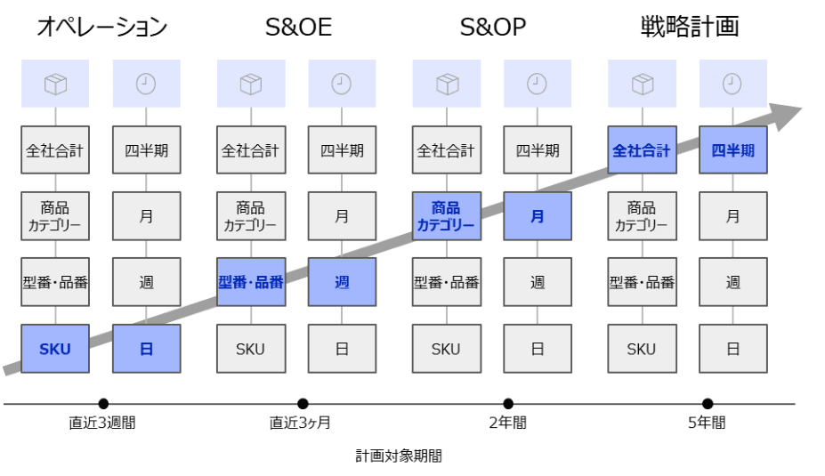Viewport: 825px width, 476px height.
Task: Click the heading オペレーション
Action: (x=101, y=27)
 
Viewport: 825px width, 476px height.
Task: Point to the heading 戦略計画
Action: (x=690, y=27)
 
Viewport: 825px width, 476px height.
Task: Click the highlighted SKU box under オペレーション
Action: (x=55, y=349)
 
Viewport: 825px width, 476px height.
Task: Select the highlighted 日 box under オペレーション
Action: (x=146, y=349)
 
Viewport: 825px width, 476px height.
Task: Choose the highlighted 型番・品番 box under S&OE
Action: (x=251, y=282)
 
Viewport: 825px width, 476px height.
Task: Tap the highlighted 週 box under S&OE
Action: (x=342, y=282)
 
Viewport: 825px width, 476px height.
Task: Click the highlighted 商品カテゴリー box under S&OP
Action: (x=446, y=216)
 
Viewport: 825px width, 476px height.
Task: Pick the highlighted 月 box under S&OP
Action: (x=537, y=216)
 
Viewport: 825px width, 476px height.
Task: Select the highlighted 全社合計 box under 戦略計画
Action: (x=641, y=150)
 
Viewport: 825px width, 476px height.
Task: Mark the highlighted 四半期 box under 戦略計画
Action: (x=732, y=150)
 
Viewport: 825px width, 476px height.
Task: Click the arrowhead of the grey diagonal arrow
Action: (x=787, y=112)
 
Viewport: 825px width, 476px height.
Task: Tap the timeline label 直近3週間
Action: (x=102, y=423)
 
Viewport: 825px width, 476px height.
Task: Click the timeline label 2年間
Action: (x=507, y=423)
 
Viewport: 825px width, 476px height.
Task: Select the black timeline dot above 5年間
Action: (x=708, y=404)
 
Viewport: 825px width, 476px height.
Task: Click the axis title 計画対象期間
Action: (x=399, y=456)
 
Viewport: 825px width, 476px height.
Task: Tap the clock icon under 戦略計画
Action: (x=732, y=84)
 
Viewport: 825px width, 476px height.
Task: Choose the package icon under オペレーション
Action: (x=55, y=84)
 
